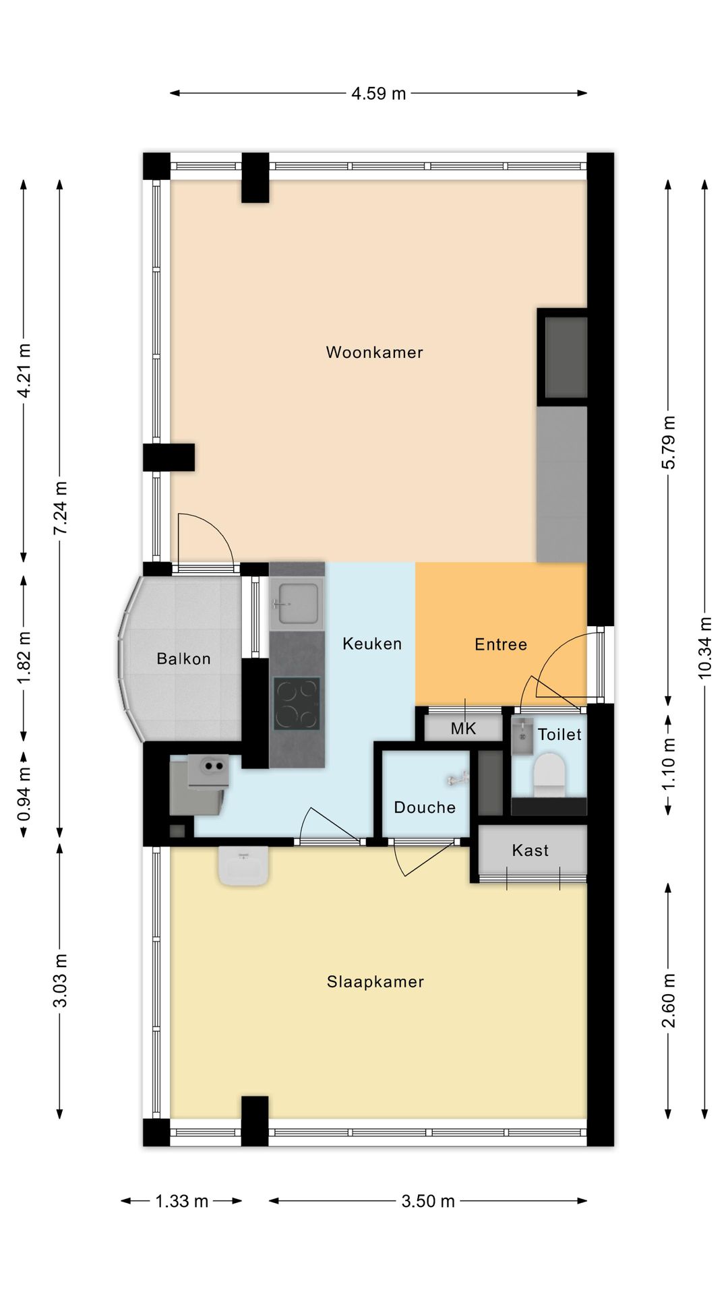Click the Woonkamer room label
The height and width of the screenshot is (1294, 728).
tap(374, 352)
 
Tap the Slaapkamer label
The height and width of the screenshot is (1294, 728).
tap(375, 981)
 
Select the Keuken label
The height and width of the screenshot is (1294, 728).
tap(372, 644)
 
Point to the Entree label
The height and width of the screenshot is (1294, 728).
tap(501, 644)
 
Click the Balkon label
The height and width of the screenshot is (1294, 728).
tap(183, 658)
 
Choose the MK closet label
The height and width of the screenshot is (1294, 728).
tap(463, 728)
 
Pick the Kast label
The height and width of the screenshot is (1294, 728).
tap(530, 850)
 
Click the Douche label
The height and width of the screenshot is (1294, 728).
tap(425, 807)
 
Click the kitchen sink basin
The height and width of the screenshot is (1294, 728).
tap(297, 602)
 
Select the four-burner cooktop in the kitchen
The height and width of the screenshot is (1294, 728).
tap(297, 703)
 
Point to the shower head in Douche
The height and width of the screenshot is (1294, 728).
tap(458, 779)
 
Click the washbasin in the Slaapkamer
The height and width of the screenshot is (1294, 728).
tap(243, 865)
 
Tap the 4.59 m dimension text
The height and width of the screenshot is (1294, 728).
tap(379, 93)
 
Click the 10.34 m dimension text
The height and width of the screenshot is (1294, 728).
tap(705, 648)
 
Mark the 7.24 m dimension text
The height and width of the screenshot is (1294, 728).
tap(61, 508)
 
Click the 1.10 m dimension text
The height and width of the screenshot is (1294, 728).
tap(668, 765)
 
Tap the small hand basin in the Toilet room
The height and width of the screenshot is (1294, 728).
tap(522, 735)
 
